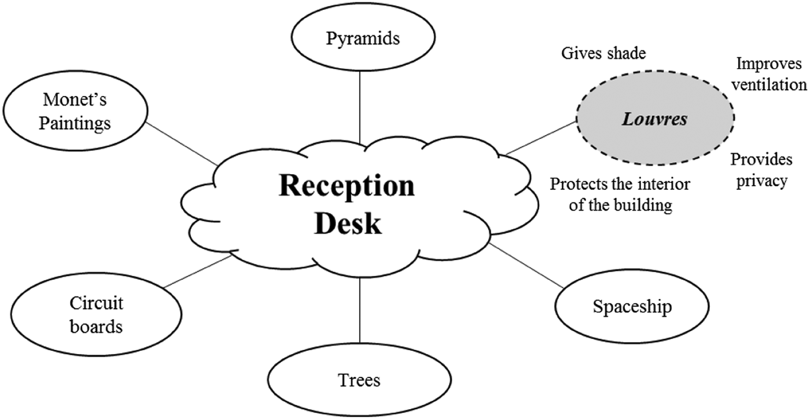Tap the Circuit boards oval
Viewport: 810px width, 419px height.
click(96, 314)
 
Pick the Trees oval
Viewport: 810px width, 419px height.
click(359, 380)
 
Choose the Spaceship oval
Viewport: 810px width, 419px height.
click(632, 306)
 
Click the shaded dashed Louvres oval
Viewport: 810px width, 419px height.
click(655, 119)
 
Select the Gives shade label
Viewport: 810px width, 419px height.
click(603, 53)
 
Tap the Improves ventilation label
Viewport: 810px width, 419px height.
click(769, 74)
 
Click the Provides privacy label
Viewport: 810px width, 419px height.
click(759, 170)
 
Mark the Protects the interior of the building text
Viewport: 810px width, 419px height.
click(620, 195)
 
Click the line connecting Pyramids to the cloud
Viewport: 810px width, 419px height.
click(360, 107)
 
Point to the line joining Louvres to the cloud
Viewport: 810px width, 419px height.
click(541, 138)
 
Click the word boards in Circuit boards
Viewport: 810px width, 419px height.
click(96, 326)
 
